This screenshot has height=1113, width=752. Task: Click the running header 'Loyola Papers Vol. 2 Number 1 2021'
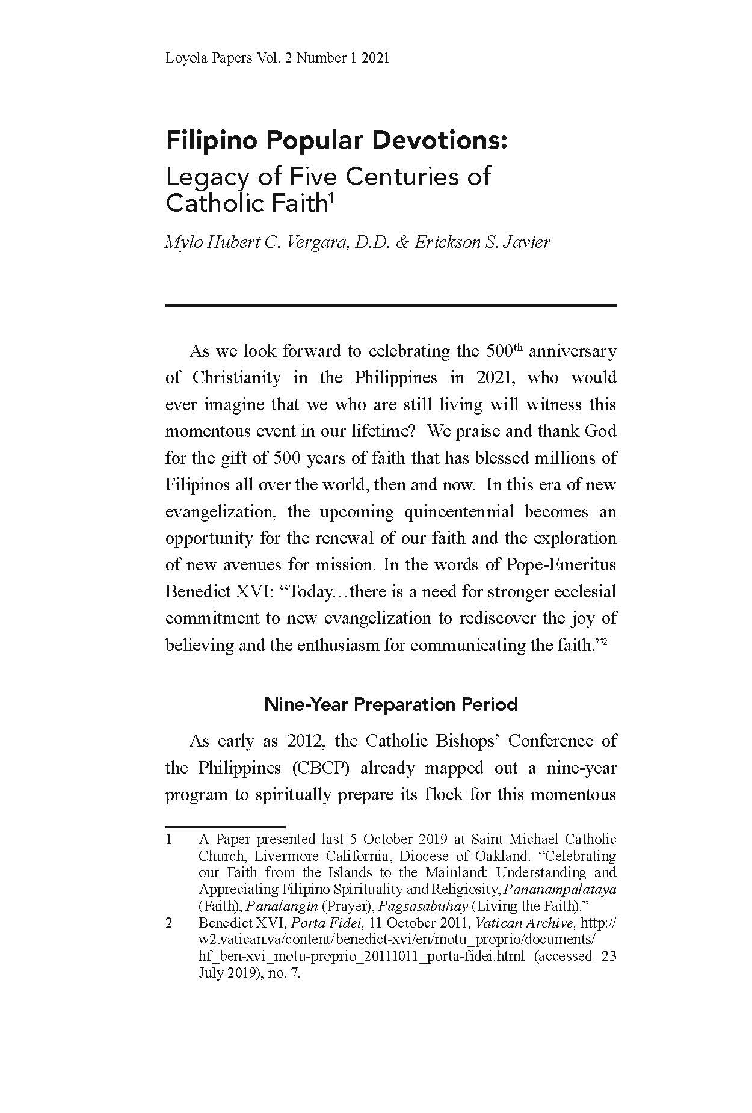pyautogui.click(x=277, y=58)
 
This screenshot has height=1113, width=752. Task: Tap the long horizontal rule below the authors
pyautogui.click(x=390, y=306)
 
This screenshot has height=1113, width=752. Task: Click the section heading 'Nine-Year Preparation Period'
pyautogui.click(x=391, y=704)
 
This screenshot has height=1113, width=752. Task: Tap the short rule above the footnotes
pyautogui.click(x=225, y=827)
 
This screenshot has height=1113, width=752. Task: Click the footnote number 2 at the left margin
pyautogui.click(x=169, y=923)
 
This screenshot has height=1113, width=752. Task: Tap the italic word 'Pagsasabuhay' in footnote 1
pyautogui.click(x=423, y=906)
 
